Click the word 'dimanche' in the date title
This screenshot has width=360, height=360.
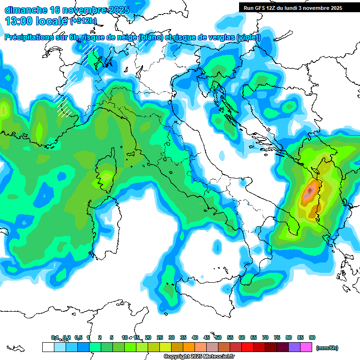tap(26, 10)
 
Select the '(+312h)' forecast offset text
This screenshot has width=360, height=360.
tap(83, 21)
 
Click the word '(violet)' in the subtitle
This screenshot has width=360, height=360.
tap(248, 38)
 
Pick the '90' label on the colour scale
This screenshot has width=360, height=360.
tap(312, 338)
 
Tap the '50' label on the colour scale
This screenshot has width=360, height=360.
tap(218, 338)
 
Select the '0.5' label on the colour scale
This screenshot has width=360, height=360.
tap(78, 338)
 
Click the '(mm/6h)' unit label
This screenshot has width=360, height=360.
tap(327, 348)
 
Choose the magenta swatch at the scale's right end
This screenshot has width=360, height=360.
tap(306, 347)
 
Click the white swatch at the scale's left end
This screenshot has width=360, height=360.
tap(48, 347)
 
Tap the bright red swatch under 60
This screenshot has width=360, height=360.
tap(247, 347)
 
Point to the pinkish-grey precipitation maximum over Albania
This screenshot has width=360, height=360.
tap(309, 191)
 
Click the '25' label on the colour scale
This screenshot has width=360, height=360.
tap(160, 338)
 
